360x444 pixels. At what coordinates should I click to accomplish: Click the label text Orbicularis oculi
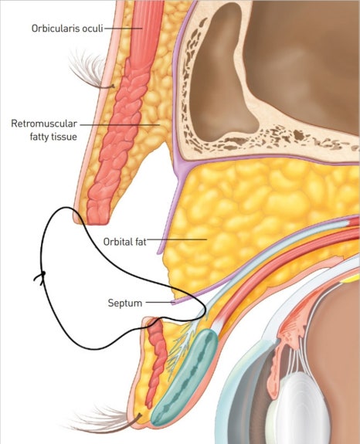tap(67, 29)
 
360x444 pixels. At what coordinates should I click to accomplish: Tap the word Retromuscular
tap(44, 124)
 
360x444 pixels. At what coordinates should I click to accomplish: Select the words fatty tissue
tap(53, 137)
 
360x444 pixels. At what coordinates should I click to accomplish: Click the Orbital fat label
tap(124, 242)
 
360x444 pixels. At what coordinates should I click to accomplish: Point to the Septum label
tap(125, 303)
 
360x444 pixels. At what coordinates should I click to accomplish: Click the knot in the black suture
tap(43, 273)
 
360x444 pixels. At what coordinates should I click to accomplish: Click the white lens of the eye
tap(297, 408)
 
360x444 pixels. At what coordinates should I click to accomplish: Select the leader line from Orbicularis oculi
tap(123, 29)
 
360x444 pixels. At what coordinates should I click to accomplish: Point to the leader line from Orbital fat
tap(177, 239)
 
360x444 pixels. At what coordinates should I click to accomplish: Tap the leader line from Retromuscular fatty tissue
tap(120, 124)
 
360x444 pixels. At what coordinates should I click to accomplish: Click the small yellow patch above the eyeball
tap(351, 280)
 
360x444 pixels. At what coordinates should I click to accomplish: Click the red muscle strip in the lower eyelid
tap(156, 362)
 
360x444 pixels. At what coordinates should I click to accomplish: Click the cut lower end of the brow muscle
tap(97, 217)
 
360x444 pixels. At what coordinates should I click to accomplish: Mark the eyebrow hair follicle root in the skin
tap(113, 86)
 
